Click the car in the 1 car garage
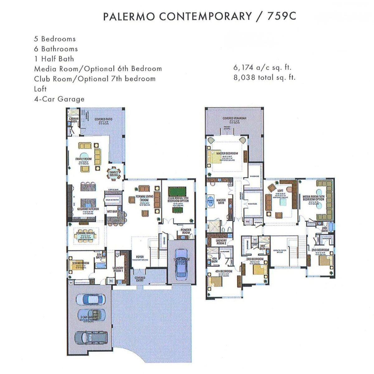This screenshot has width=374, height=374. coord(181,263)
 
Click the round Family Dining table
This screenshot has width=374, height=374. coord(113,174)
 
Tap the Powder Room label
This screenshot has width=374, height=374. coord(186,231)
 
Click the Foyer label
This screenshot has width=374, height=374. coord(140,257)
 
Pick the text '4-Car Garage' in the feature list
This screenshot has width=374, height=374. coord(59,99)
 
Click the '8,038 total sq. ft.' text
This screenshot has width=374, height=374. coord(264,77)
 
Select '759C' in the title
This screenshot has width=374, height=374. coord(281,16)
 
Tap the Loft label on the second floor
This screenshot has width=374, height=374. coord(280,190)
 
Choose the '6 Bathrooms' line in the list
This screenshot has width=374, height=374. coord(56,49)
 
